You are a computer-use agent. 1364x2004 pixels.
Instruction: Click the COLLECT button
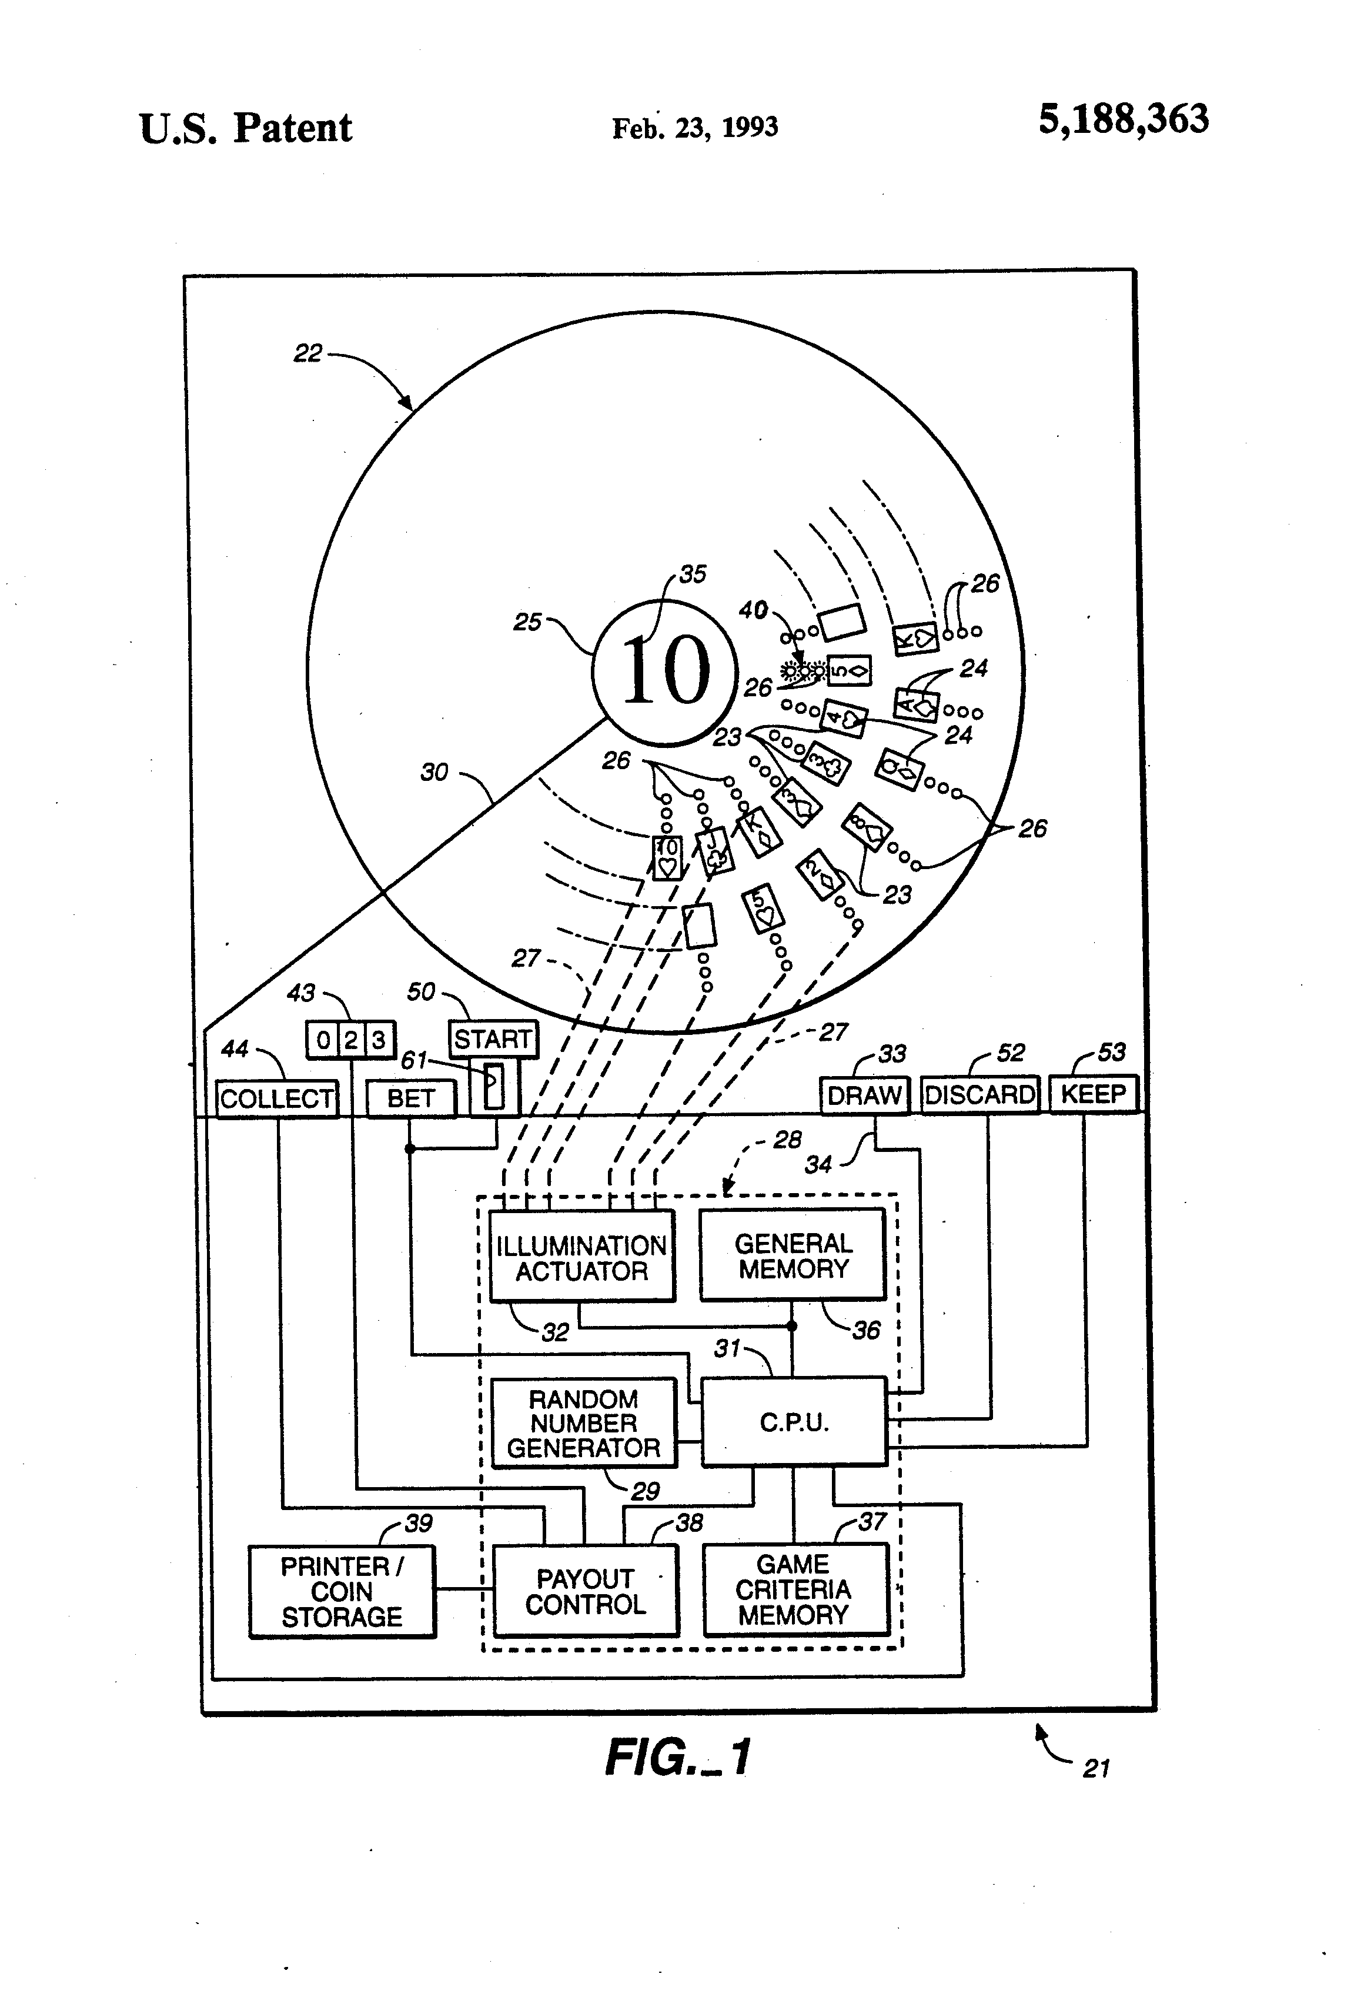coord(277,1098)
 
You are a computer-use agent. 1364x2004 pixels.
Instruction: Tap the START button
coord(492,1039)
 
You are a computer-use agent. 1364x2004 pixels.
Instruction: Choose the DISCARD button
coord(979,1094)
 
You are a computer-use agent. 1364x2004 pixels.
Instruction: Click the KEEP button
coord(1094,1093)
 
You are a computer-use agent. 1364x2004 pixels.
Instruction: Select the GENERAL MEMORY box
coord(793,1255)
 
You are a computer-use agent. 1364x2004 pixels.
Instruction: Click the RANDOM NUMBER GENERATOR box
coord(584,1423)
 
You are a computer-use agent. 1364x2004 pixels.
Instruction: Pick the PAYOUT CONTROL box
coord(586,1591)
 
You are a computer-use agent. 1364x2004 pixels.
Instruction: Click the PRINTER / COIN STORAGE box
coord(342,1592)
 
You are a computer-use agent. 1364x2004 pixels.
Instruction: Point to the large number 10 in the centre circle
coord(666,670)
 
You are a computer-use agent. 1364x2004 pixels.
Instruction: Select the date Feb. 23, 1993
coord(695,128)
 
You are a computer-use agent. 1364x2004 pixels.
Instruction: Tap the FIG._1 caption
coord(678,1756)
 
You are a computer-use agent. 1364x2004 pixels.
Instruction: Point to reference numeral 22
coord(308,353)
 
